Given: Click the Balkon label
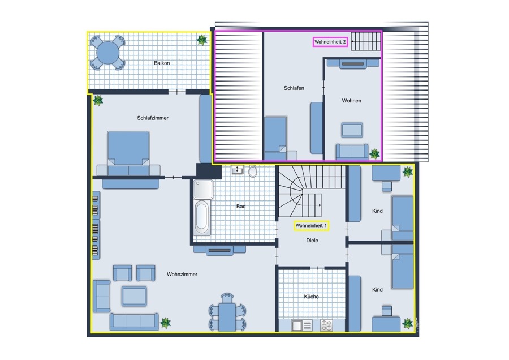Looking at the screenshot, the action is (162, 63).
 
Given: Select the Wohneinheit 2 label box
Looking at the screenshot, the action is (330, 42).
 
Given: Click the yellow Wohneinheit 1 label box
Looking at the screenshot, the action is (311, 225).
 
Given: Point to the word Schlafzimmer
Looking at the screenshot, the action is (153, 118).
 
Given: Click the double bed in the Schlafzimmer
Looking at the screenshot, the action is (128, 153).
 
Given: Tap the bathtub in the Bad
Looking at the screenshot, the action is (201, 217).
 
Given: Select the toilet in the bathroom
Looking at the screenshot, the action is (253, 171).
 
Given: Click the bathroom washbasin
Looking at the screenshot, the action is (238, 170).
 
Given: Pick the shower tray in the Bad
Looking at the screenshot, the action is (203, 189).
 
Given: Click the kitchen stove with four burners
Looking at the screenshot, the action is (326, 325).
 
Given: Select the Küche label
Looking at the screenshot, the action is (311, 297).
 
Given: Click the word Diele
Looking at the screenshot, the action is (312, 241).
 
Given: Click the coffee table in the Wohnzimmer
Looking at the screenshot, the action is (134, 296).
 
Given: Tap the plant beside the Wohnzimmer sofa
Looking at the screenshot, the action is (165, 323).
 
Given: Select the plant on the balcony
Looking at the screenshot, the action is (201, 40).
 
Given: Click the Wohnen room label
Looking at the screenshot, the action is (352, 101).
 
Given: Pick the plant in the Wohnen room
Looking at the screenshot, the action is (374, 154).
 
